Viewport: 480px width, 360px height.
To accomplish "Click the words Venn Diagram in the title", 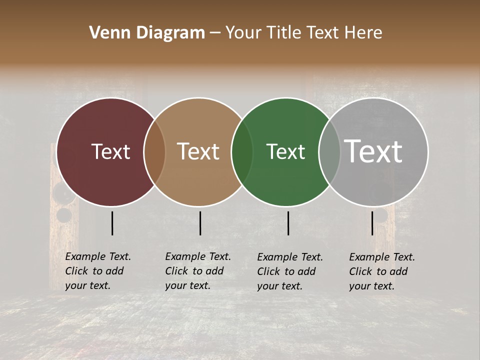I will [147, 33].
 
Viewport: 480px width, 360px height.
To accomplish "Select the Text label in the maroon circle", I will [110, 151].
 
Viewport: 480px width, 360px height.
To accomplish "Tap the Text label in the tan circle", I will [198, 151].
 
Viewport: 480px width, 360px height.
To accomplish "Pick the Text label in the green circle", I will [285, 151].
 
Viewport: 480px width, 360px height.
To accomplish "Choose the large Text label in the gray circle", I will [373, 151].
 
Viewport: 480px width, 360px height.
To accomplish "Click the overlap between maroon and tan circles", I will [154, 151].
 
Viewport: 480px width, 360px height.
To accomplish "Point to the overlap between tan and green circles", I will [242, 151].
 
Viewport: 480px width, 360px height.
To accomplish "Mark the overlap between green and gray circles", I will [329, 151].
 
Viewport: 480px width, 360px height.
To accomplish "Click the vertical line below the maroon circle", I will [112, 223].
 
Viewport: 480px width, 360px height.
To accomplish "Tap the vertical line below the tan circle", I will [200, 223].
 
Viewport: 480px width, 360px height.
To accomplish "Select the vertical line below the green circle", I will [288, 223].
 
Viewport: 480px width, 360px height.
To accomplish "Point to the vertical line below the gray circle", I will [372, 223].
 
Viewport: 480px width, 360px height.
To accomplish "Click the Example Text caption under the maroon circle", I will [98, 271].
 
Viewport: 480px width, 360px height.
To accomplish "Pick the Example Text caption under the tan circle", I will [198, 271].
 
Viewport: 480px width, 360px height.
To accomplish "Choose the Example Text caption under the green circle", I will [290, 271].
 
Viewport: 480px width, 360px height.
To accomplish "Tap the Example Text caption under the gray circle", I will [382, 271].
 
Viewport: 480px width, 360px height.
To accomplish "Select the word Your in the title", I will [243, 33].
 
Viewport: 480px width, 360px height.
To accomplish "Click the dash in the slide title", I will [215, 33].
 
